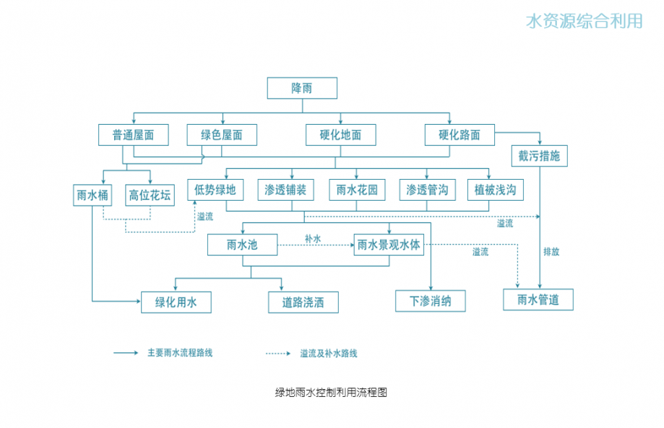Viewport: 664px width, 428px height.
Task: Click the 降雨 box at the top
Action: point(302,88)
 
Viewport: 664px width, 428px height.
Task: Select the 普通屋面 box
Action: point(134,135)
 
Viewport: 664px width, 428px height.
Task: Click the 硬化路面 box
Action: point(460,135)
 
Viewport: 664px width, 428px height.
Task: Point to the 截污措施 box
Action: point(539,157)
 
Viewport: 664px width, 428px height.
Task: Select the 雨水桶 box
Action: point(92,194)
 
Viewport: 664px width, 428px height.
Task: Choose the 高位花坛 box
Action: point(150,194)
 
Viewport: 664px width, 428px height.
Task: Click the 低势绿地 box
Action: point(215,190)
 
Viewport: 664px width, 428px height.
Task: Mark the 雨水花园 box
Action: point(357,190)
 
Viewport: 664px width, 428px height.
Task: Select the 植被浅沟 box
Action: point(495,190)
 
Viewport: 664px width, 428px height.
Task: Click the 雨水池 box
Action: point(242,245)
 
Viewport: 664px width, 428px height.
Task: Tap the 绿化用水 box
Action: point(176,302)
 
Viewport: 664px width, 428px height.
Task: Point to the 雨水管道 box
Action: point(538,300)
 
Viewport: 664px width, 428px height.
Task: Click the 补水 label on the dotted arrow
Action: point(313,238)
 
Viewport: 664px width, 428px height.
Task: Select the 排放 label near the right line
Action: point(551,252)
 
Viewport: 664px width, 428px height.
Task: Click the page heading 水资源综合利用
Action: point(585,21)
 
